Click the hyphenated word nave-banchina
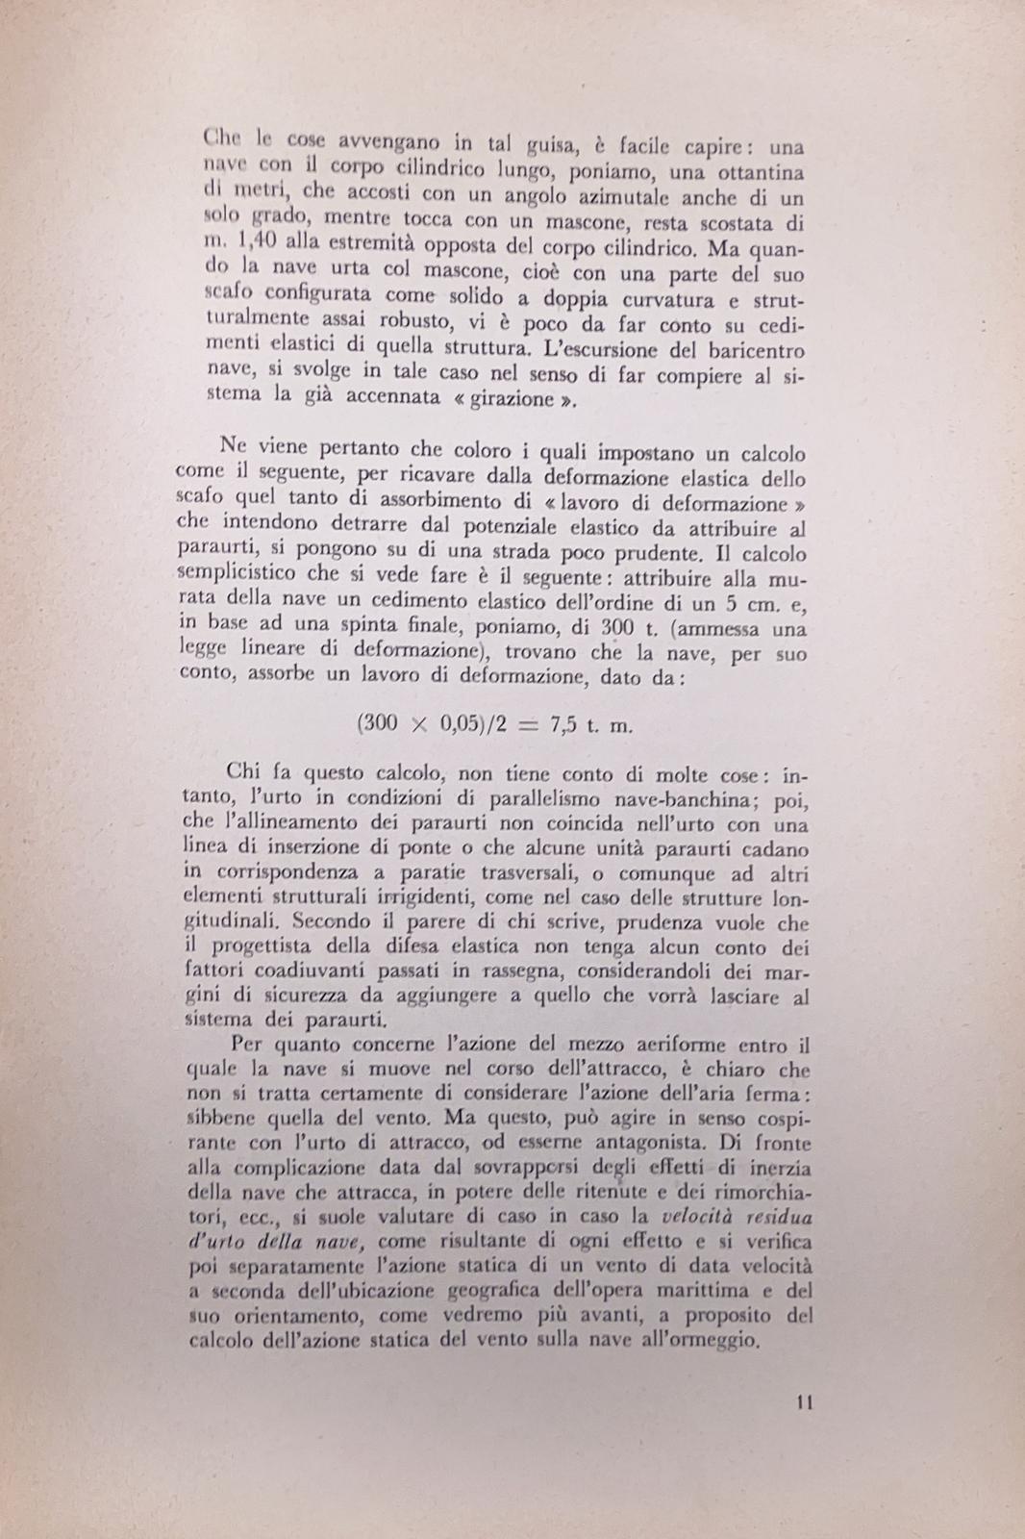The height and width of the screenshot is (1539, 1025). click(659, 798)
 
